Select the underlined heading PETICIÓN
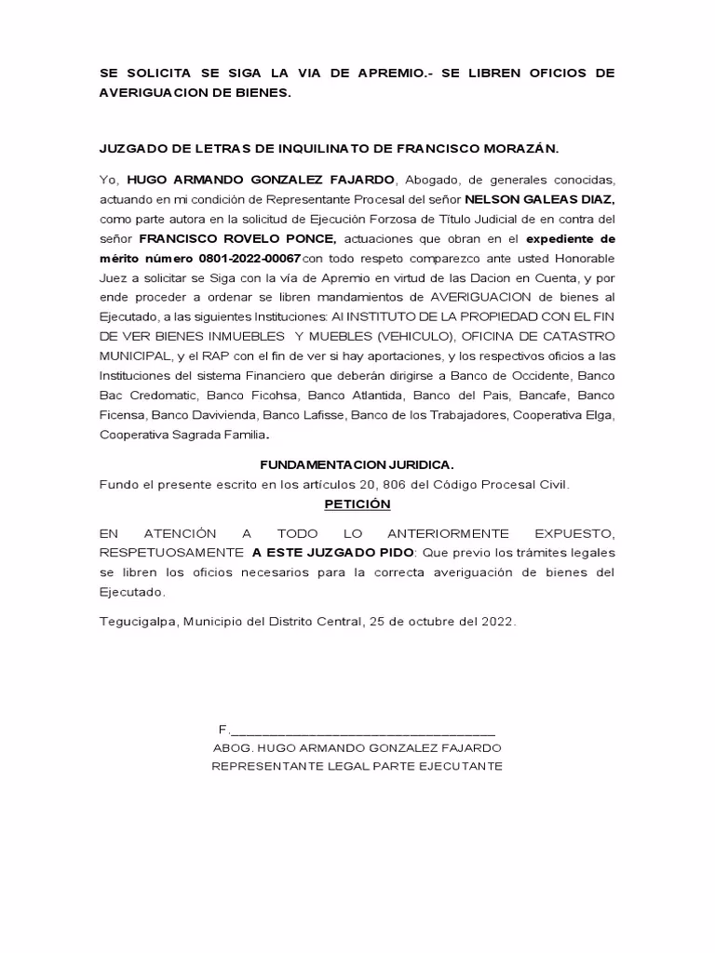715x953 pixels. click(357, 503)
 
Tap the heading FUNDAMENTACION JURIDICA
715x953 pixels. click(357, 464)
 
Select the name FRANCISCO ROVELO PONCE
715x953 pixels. click(237, 238)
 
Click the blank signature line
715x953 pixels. click(363, 729)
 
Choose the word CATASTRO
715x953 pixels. click(574, 336)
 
